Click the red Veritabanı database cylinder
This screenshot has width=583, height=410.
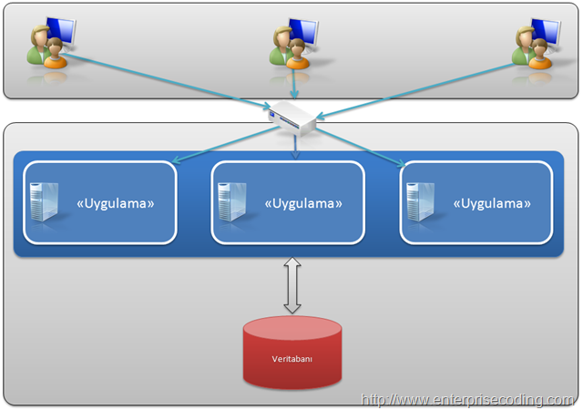pyautogui.click(x=292, y=353)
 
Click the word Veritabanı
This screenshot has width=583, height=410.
pyautogui.click(x=291, y=359)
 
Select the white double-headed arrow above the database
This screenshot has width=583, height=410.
pyautogui.click(x=292, y=285)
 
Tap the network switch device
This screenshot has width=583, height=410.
pyautogui.click(x=292, y=118)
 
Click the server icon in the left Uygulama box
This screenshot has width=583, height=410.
pyautogui.click(x=45, y=202)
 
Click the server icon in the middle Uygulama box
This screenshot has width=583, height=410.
pyautogui.click(x=232, y=202)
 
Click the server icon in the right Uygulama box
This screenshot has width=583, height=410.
pyautogui.click(x=421, y=202)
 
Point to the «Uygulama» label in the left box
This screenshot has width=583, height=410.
pyautogui.click(x=116, y=203)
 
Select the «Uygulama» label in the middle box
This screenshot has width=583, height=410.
pyautogui.click(x=303, y=203)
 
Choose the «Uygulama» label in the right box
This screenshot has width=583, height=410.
pyautogui.click(x=492, y=203)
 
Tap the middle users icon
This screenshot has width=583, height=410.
pyautogui.click(x=293, y=44)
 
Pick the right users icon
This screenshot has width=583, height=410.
pyautogui.click(x=537, y=44)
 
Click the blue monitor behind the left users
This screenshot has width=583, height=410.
pyautogui.click(x=61, y=31)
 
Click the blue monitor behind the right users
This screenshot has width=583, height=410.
pyautogui.click(x=546, y=32)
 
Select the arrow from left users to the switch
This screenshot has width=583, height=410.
pyautogui.click(x=166, y=81)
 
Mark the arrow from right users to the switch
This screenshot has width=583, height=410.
pyautogui.click(x=415, y=91)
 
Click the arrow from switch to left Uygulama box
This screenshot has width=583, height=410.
pyautogui.click(x=225, y=144)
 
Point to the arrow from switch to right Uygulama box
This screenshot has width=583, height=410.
pyautogui.click(x=361, y=148)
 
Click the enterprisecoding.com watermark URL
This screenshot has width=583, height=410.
pyautogui.click(x=467, y=400)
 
